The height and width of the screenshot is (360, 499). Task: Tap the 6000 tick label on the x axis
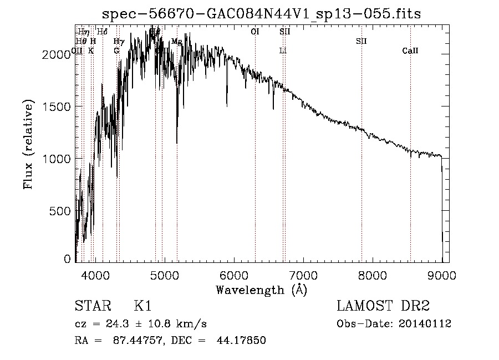tap(234, 275)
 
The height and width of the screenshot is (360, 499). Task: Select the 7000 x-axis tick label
tap(303, 275)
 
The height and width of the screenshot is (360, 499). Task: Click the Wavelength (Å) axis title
tap(261, 290)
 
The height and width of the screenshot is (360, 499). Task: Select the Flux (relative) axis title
tap(28, 144)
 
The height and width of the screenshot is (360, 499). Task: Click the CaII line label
tap(410, 51)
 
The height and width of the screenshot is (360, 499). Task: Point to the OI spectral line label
tap(255, 32)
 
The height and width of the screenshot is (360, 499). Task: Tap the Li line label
tap(283, 51)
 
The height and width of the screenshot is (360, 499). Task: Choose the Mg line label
tap(176, 42)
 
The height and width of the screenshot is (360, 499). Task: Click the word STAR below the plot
tap(91, 306)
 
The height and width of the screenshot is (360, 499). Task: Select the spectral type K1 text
tap(142, 306)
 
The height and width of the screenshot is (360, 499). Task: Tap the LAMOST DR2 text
tap(383, 306)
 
